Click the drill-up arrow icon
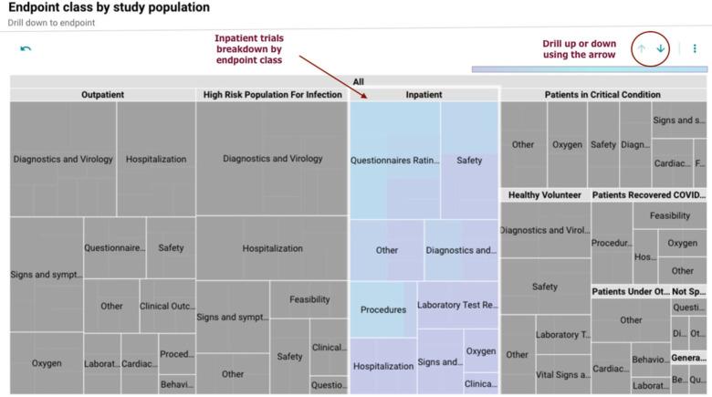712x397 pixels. pos(643,48)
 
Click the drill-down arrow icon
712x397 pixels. pos(661,48)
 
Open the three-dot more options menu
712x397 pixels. pos(695,48)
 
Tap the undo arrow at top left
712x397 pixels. pos(25,48)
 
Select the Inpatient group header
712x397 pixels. pos(424,95)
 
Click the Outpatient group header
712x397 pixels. pos(102,95)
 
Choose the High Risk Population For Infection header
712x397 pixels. pos(272,95)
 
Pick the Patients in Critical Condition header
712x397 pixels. pos(602,95)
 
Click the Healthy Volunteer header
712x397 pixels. pos(545,194)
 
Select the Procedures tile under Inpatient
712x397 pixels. pos(382,309)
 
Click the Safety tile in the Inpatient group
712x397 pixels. pos(469,161)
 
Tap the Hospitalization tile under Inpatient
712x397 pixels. pos(382,366)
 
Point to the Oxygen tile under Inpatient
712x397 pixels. pos(481,351)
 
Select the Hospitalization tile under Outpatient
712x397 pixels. pos(156,159)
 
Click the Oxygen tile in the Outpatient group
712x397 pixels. pos(47,362)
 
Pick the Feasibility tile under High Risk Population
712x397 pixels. pos(309,299)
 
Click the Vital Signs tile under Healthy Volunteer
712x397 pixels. pos(562,374)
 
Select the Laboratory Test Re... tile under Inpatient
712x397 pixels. pos(457,305)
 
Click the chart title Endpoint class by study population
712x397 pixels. pos(109,8)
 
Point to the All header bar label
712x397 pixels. pos(358,82)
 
